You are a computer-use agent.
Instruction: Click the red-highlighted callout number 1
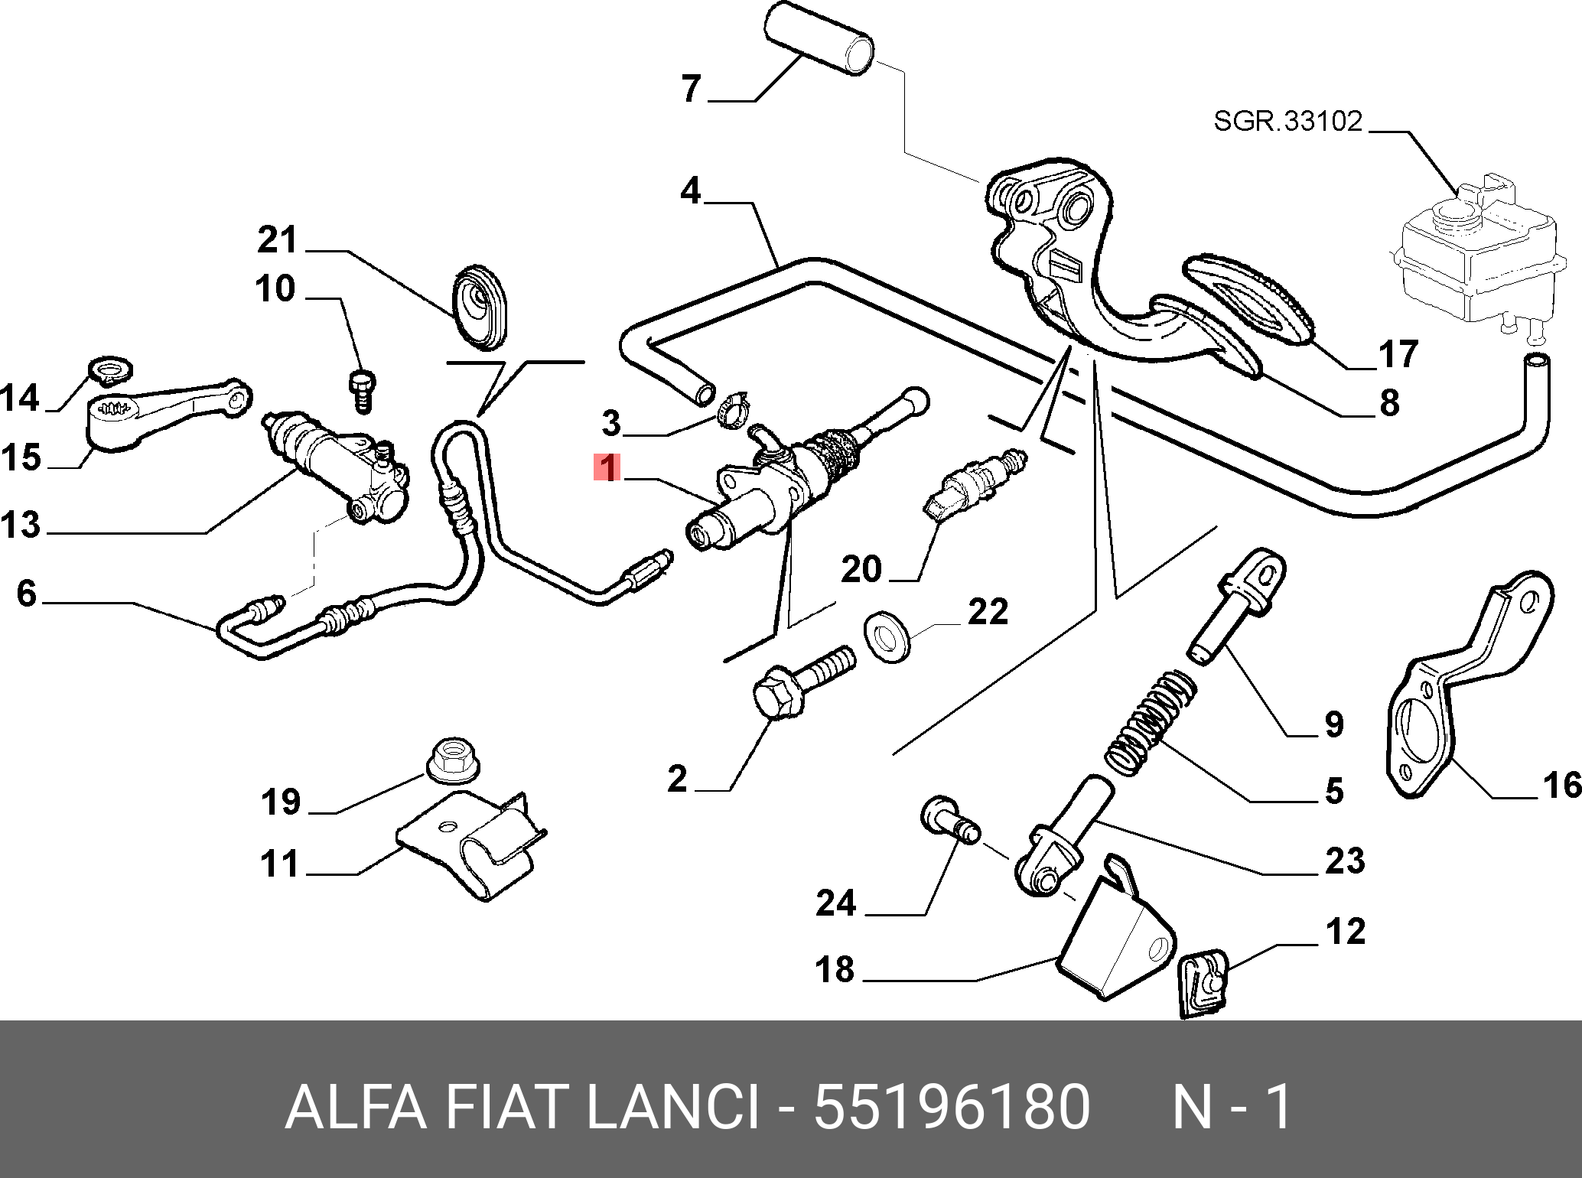click(607, 467)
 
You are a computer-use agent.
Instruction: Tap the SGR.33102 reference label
click(1287, 121)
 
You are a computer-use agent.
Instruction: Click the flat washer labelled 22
click(887, 636)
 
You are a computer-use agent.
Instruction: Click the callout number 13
click(21, 526)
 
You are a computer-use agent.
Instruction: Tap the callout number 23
click(1344, 861)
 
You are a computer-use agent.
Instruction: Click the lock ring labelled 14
click(112, 369)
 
